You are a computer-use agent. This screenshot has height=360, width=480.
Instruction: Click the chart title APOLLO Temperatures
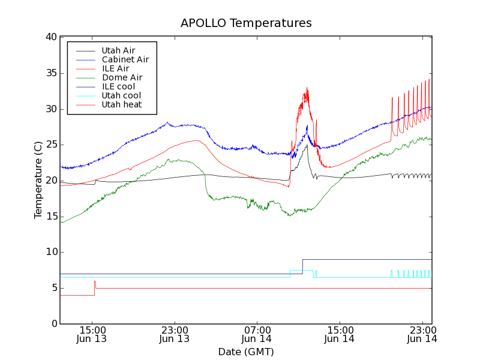click(246, 23)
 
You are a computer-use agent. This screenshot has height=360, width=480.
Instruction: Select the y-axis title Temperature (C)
click(38, 180)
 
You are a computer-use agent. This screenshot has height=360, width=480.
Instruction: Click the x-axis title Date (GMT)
click(246, 352)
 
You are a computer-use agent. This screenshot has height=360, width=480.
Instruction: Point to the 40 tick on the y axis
click(51, 37)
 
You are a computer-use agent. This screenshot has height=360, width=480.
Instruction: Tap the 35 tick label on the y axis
click(51, 73)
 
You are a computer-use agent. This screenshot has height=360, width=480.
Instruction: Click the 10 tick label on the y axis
click(51, 252)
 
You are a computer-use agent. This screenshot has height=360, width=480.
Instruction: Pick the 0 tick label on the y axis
click(54, 324)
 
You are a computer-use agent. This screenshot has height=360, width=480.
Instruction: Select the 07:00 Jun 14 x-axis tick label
click(257, 334)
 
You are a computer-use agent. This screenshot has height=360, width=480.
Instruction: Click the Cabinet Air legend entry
click(125, 59)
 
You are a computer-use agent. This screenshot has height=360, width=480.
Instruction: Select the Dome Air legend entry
click(122, 77)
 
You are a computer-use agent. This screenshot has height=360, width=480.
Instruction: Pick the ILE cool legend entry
click(118, 86)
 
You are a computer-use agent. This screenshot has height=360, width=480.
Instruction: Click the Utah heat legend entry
click(121, 104)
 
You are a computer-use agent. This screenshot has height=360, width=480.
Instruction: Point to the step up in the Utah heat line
click(94, 288)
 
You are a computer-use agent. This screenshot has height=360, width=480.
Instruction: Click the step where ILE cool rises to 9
click(302, 266)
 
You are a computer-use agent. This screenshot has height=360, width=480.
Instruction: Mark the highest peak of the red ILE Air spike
click(307, 88)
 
